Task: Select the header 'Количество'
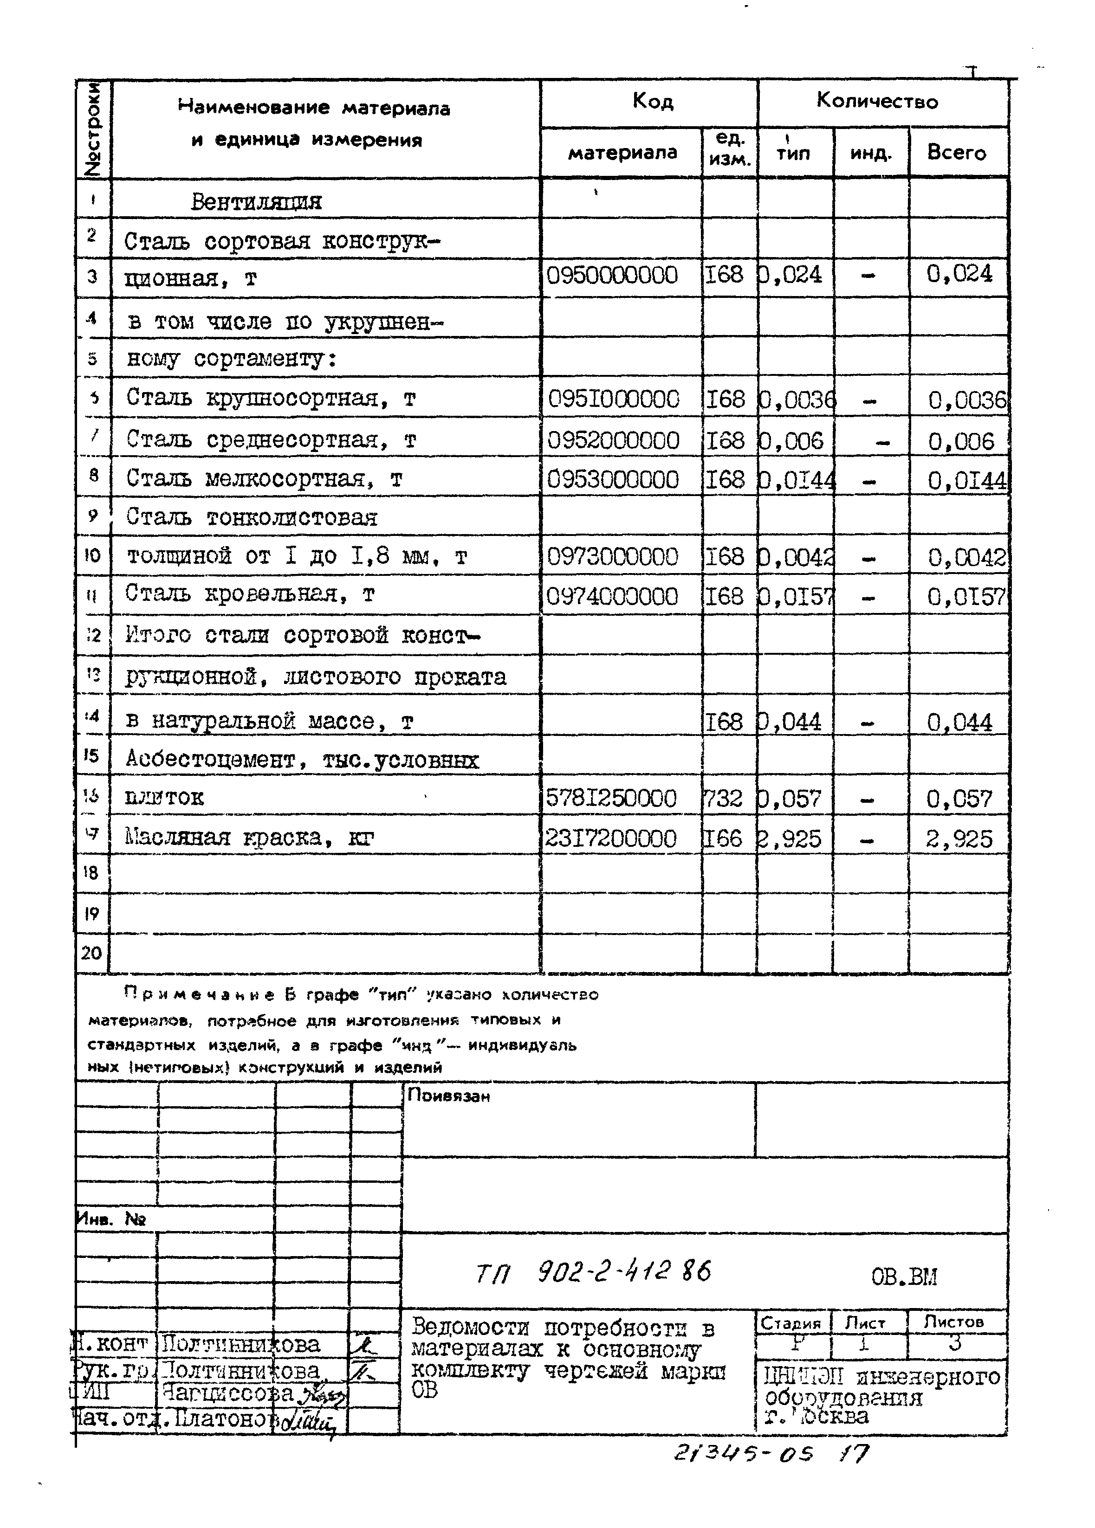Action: pyautogui.click(x=877, y=101)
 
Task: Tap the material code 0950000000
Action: pyautogui.click(x=612, y=276)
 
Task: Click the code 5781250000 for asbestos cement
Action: pyautogui.click(x=610, y=799)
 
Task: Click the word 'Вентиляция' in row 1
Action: pyautogui.click(x=256, y=201)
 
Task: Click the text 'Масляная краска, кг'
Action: pyautogui.click(x=249, y=838)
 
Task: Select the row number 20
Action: pyautogui.click(x=91, y=953)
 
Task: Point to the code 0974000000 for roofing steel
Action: pyautogui.click(x=611, y=597)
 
